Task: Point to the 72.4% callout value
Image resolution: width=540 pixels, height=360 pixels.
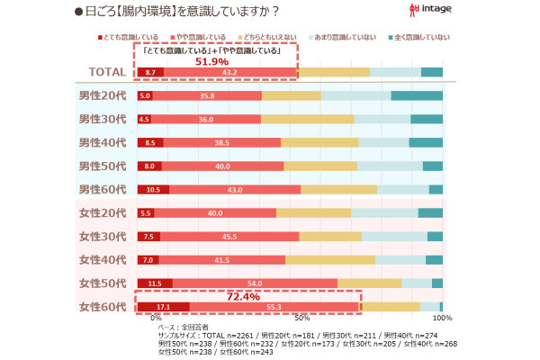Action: (243, 296)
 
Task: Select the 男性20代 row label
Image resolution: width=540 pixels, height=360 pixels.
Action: (103, 95)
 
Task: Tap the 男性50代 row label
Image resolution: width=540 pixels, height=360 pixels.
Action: (103, 166)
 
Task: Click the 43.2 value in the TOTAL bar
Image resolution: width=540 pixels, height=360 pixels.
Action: (229, 72)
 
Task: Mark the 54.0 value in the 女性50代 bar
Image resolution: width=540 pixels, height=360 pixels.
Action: (255, 283)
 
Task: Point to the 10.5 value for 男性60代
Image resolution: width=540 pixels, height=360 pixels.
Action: (152, 190)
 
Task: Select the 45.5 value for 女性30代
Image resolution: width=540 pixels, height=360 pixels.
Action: (229, 237)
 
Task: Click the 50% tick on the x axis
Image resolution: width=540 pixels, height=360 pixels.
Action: (302, 319)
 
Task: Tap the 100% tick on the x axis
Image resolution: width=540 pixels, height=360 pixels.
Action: (442, 319)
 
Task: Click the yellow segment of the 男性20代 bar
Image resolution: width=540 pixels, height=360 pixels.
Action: (292, 95)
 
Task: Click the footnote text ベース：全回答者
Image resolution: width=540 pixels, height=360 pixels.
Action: (184, 327)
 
